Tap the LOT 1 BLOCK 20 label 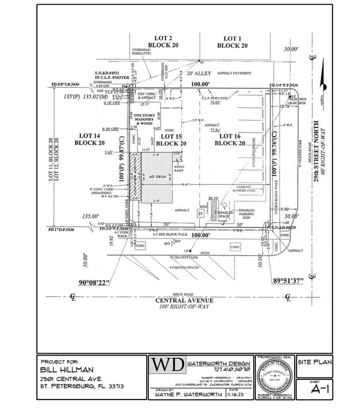tap(232, 42)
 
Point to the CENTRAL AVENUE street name tap(185, 300)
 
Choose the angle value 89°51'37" tap(288, 280)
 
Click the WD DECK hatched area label tap(157, 177)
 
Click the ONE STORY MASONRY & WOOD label tap(145, 119)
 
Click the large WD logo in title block tap(167, 365)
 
